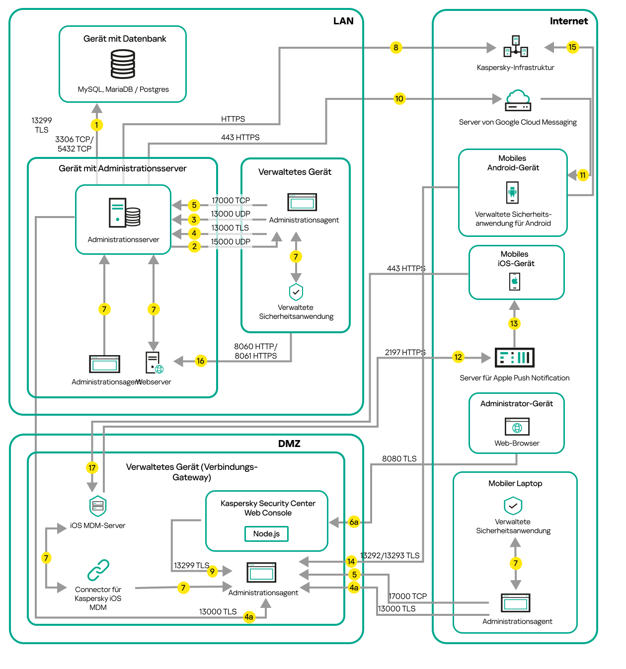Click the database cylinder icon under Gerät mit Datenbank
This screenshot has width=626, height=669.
(123, 64)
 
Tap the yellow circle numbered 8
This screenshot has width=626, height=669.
(395, 48)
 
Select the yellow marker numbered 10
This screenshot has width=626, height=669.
(399, 98)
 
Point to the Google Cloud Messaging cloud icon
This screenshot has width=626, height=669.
(518, 100)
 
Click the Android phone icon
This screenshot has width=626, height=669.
(512, 192)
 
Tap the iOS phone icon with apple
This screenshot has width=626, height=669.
(515, 281)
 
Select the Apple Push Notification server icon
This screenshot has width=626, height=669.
(514, 357)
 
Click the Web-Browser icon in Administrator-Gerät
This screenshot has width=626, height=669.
(517, 427)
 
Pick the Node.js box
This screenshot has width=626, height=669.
(266, 533)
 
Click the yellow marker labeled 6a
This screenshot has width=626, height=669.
(354, 522)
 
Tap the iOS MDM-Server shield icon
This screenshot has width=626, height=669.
(98, 506)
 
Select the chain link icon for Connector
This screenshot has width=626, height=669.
(98, 570)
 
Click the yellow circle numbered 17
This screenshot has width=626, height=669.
(92, 467)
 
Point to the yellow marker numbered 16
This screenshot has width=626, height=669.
(200, 361)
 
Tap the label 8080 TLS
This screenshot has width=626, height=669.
(399, 458)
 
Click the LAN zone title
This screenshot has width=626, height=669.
(343, 21)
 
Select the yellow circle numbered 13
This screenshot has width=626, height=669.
(514, 323)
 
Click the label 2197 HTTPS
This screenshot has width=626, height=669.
(405, 352)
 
